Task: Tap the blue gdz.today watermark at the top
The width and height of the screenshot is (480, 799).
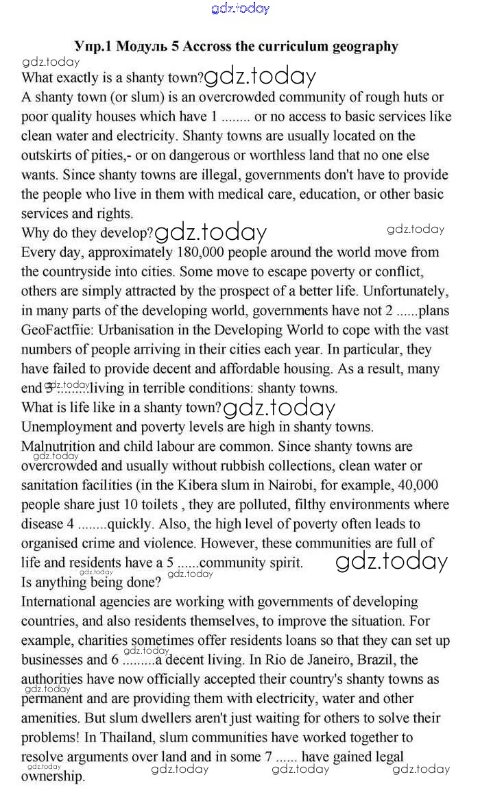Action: point(241,8)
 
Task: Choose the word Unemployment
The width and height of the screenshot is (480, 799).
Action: point(69,427)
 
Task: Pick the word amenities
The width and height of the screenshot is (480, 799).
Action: point(49,719)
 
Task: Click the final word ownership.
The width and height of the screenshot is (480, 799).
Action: point(53,777)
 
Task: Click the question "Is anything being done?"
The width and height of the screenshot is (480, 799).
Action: point(91,583)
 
